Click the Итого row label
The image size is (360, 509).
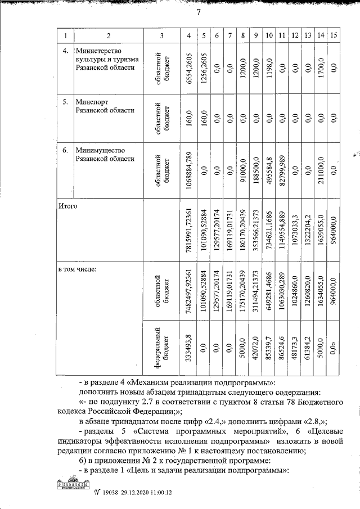point(67,207)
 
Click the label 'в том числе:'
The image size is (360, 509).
point(78,269)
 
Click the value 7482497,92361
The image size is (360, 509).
point(189,290)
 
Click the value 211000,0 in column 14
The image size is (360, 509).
point(321,169)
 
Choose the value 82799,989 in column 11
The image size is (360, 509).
point(282,169)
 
